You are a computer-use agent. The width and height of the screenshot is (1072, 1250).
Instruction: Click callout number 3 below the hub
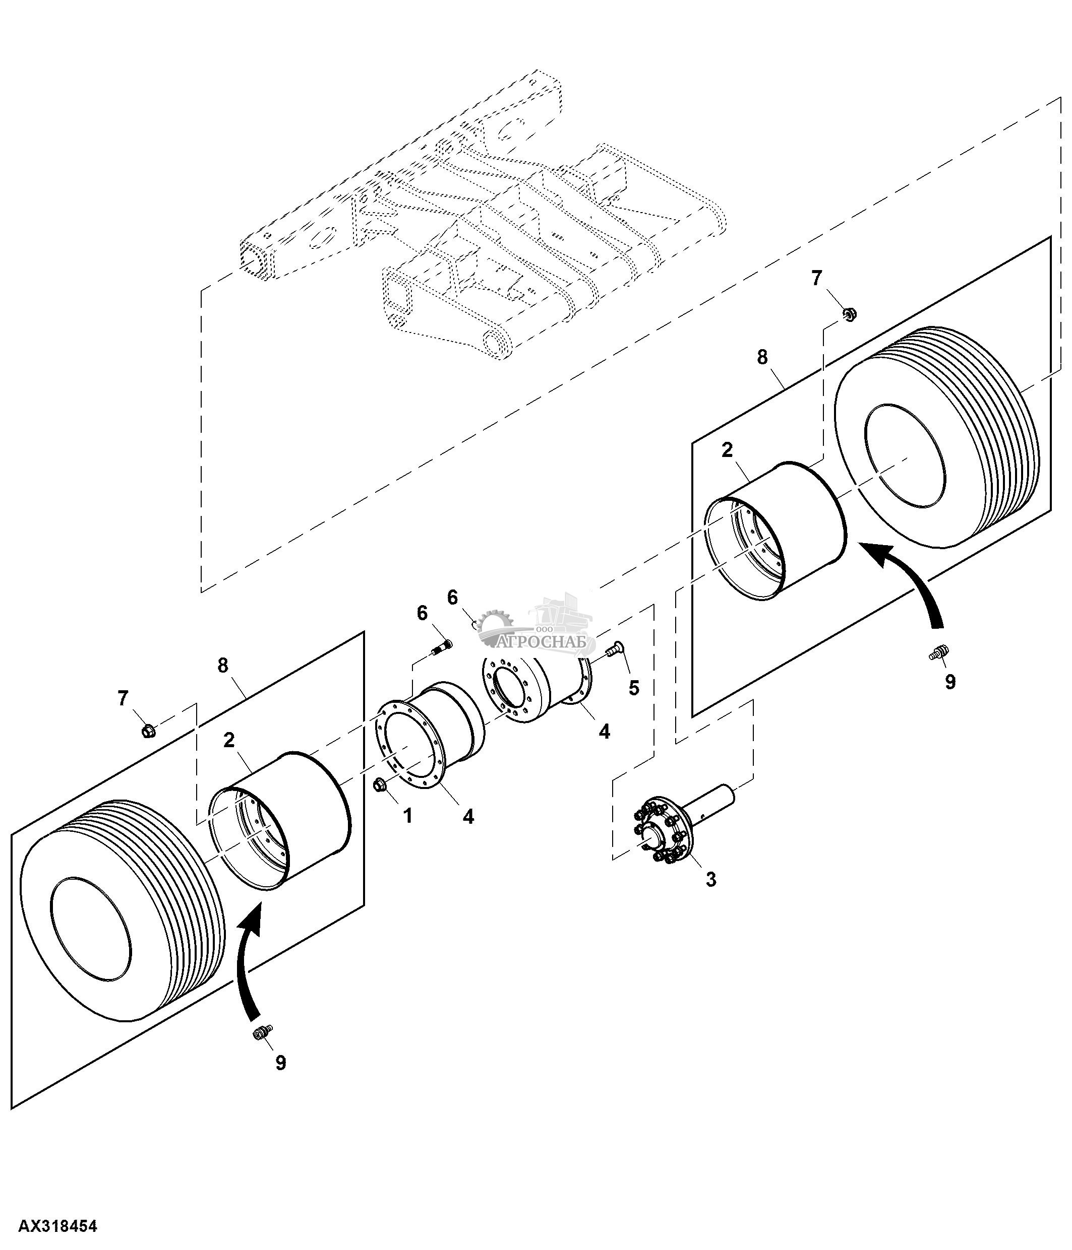coord(710,880)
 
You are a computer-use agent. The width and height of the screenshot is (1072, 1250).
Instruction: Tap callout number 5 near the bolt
coord(633,688)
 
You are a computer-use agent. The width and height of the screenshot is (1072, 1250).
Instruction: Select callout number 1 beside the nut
coord(408,816)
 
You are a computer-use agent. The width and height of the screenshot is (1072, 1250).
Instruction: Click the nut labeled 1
coord(380,784)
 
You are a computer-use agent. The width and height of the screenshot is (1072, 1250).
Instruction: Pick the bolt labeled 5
coord(615,648)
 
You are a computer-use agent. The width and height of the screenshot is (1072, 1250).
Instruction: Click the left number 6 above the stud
coord(422,613)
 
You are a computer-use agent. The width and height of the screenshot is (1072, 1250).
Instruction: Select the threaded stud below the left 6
coord(442,648)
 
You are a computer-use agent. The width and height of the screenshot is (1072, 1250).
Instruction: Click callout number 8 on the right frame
coord(762,357)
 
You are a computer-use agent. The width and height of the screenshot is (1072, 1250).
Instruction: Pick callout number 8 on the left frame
coord(223,666)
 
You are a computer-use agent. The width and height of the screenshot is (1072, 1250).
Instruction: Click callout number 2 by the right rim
coord(727,449)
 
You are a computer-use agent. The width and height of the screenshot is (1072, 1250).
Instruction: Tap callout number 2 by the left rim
coord(229,740)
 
